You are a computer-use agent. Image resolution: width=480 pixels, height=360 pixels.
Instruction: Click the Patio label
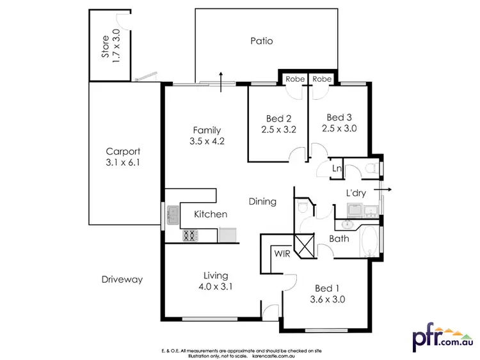pos(261,41)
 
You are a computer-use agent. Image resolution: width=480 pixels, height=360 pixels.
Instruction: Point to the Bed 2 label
pos(279,118)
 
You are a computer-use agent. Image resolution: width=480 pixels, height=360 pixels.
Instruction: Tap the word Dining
pos(262,201)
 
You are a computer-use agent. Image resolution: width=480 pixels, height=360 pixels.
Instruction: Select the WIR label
pos(282,253)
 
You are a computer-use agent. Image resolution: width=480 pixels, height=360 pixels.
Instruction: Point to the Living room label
pos(214,275)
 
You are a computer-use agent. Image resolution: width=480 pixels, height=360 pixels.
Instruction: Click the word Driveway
pos(122,279)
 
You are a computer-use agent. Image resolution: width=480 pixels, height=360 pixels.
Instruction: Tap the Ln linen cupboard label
pos(337,169)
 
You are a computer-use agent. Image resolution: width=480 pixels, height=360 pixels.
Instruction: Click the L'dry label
pos(356,193)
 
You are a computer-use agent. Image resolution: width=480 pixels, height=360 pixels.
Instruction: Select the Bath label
pos(339,239)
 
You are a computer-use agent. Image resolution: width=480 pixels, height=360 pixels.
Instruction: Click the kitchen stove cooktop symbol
pos(190,236)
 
